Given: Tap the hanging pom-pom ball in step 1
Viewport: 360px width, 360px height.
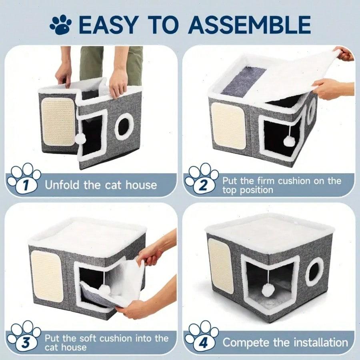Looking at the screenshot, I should click(81, 138).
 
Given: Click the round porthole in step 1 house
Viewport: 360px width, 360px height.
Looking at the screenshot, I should click(124, 126).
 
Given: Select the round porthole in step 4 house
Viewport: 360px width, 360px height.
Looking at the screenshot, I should click(314, 271).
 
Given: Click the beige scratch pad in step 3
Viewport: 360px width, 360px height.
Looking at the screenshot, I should click(47, 276).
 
